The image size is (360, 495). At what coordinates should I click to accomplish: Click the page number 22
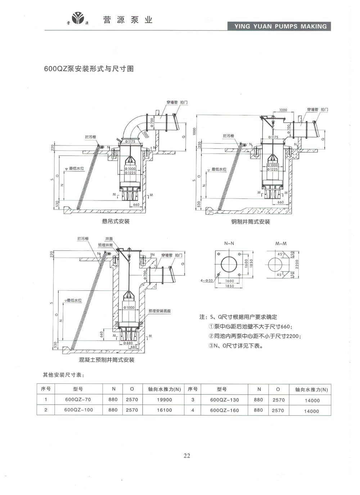coord(187,456)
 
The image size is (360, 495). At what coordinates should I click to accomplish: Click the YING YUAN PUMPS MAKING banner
coord(280,26)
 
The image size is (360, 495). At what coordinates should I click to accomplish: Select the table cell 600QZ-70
coord(78,400)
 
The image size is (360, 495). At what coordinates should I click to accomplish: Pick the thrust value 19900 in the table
coord(165,400)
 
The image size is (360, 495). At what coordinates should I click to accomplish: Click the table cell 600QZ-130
coord(224,400)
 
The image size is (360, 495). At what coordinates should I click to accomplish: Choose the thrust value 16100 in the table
coord(165,410)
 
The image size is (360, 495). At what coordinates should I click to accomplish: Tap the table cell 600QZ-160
coord(224,410)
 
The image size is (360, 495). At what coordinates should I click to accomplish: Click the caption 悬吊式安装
coord(116,221)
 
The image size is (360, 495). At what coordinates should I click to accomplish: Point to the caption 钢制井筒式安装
coord(251,222)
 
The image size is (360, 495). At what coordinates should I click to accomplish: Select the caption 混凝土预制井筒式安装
coord(107,360)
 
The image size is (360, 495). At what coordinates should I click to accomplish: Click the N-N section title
coord(229,243)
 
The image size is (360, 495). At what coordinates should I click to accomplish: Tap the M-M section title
coord(281,243)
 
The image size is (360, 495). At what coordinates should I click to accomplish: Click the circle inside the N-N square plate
coord(229,265)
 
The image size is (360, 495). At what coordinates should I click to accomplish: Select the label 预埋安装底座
coord(159,311)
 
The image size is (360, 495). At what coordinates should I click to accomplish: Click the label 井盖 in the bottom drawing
coord(109,239)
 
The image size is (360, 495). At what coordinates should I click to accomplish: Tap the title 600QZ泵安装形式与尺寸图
coord(89,69)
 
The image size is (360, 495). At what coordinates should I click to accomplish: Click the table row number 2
coord(46,410)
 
